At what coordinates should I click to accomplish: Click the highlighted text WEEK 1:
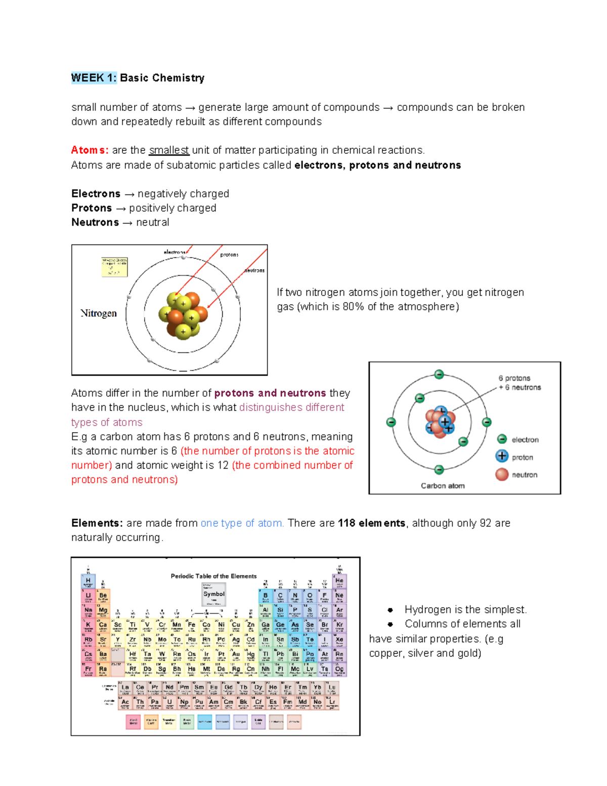[x=94, y=78]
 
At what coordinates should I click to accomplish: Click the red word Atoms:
[x=90, y=150]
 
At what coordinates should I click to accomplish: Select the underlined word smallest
[x=169, y=150]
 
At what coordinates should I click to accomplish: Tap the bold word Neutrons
[x=95, y=222]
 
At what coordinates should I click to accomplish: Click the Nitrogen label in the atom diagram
[x=99, y=313]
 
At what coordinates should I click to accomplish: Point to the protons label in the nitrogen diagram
[x=229, y=255]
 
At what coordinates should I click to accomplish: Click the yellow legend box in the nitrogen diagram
[x=114, y=267]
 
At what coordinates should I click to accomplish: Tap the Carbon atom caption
[x=443, y=485]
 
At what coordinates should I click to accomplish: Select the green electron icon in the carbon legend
[x=502, y=439]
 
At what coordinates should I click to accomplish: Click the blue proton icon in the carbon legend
[x=502, y=456]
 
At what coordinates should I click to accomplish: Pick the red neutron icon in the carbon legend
[x=502, y=474]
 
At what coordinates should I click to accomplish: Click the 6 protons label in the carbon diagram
[x=514, y=378]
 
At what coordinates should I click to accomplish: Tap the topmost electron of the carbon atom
[x=439, y=375]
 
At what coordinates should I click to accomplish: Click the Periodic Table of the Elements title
[x=213, y=576]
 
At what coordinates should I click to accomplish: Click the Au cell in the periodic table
[x=236, y=655]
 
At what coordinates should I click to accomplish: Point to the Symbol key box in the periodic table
[x=213, y=594]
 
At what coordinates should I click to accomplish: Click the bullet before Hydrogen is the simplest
[x=391, y=610]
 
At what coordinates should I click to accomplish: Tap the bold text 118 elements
[x=371, y=523]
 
